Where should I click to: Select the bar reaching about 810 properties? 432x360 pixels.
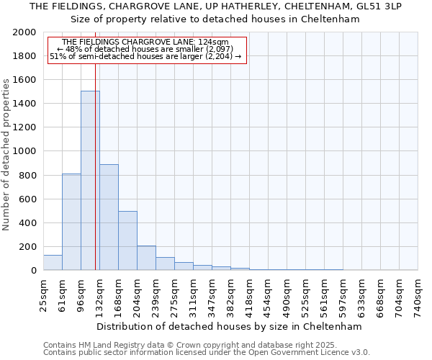pyautogui.click(x=71, y=222)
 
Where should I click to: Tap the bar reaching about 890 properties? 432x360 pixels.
pyautogui.click(x=109, y=217)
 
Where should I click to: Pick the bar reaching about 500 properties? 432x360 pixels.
pyautogui.click(x=127, y=240)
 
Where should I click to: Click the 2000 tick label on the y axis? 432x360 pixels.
pyautogui.click(x=24, y=32)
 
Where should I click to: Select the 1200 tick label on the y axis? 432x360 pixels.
pyautogui.click(x=24, y=127)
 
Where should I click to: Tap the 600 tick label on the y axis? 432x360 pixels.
pyautogui.click(x=28, y=199)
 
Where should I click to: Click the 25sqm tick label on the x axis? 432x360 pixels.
pyautogui.click(x=43, y=292)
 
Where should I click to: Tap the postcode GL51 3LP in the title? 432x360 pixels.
pyautogui.click(x=380, y=6)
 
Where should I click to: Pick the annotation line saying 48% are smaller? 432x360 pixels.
pyautogui.click(x=147, y=49)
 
